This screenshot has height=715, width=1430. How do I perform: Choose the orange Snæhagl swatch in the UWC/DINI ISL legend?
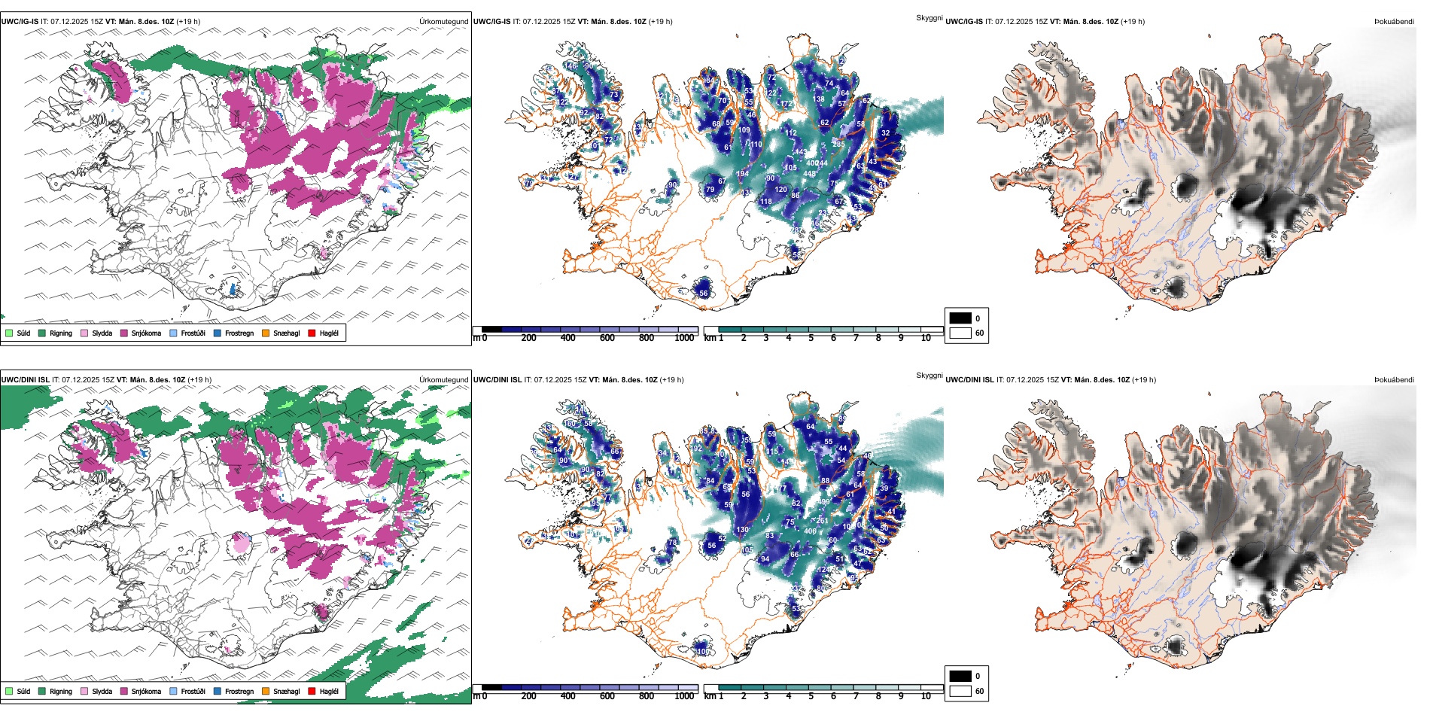click(266, 691)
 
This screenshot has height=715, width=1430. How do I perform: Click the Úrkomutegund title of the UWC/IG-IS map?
click(443, 22)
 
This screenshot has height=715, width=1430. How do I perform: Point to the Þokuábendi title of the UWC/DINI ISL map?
click(1394, 380)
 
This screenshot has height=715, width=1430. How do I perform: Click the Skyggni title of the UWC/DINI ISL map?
click(929, 376)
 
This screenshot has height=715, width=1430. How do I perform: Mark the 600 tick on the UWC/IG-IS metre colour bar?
click(607, 338)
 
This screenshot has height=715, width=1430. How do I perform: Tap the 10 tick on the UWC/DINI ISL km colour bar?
click(926, 696)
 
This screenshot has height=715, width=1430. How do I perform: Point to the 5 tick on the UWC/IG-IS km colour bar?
click(811, 338)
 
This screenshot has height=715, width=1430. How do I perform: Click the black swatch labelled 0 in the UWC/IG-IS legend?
click(960, 318)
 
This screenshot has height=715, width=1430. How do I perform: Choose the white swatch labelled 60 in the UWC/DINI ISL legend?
click(960, 691)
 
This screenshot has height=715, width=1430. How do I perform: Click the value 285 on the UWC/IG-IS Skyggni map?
click(838, 145)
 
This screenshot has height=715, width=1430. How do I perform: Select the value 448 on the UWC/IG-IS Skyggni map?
click(809, 174)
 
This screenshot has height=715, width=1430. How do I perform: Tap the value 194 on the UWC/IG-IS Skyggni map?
click(742, 174)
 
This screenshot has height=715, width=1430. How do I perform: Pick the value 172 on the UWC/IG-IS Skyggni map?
click(787, 104)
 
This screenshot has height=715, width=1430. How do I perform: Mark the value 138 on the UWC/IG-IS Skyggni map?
click(819, 99)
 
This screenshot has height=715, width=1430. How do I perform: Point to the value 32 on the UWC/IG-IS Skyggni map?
click(885, 133)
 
